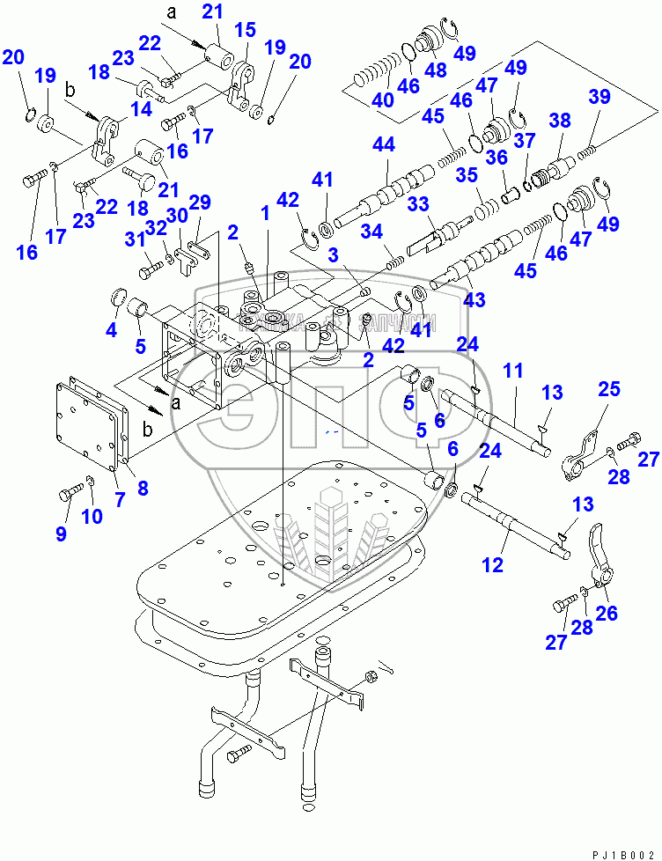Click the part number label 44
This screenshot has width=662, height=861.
384,143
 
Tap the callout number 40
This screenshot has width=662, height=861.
382,100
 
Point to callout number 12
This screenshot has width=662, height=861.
493,564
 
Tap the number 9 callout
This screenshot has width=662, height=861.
61,533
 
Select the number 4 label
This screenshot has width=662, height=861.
111,330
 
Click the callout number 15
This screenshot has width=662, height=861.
244,31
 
